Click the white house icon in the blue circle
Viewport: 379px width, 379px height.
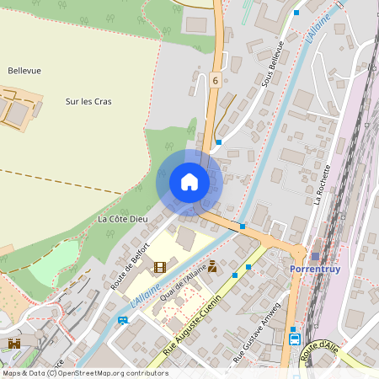point(189,182)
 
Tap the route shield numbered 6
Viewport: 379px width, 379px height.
point(216,81)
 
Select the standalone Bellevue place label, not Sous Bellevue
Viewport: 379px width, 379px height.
point(24,71)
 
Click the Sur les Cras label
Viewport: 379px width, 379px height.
point(88,102)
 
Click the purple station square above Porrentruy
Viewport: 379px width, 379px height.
point(315,256)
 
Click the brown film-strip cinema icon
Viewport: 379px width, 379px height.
point(160,267)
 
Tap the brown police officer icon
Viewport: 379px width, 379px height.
point(212,267)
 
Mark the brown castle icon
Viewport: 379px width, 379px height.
point(14,344)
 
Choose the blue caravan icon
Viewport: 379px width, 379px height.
point(123,320)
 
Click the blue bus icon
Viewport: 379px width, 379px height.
point(295,339)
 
